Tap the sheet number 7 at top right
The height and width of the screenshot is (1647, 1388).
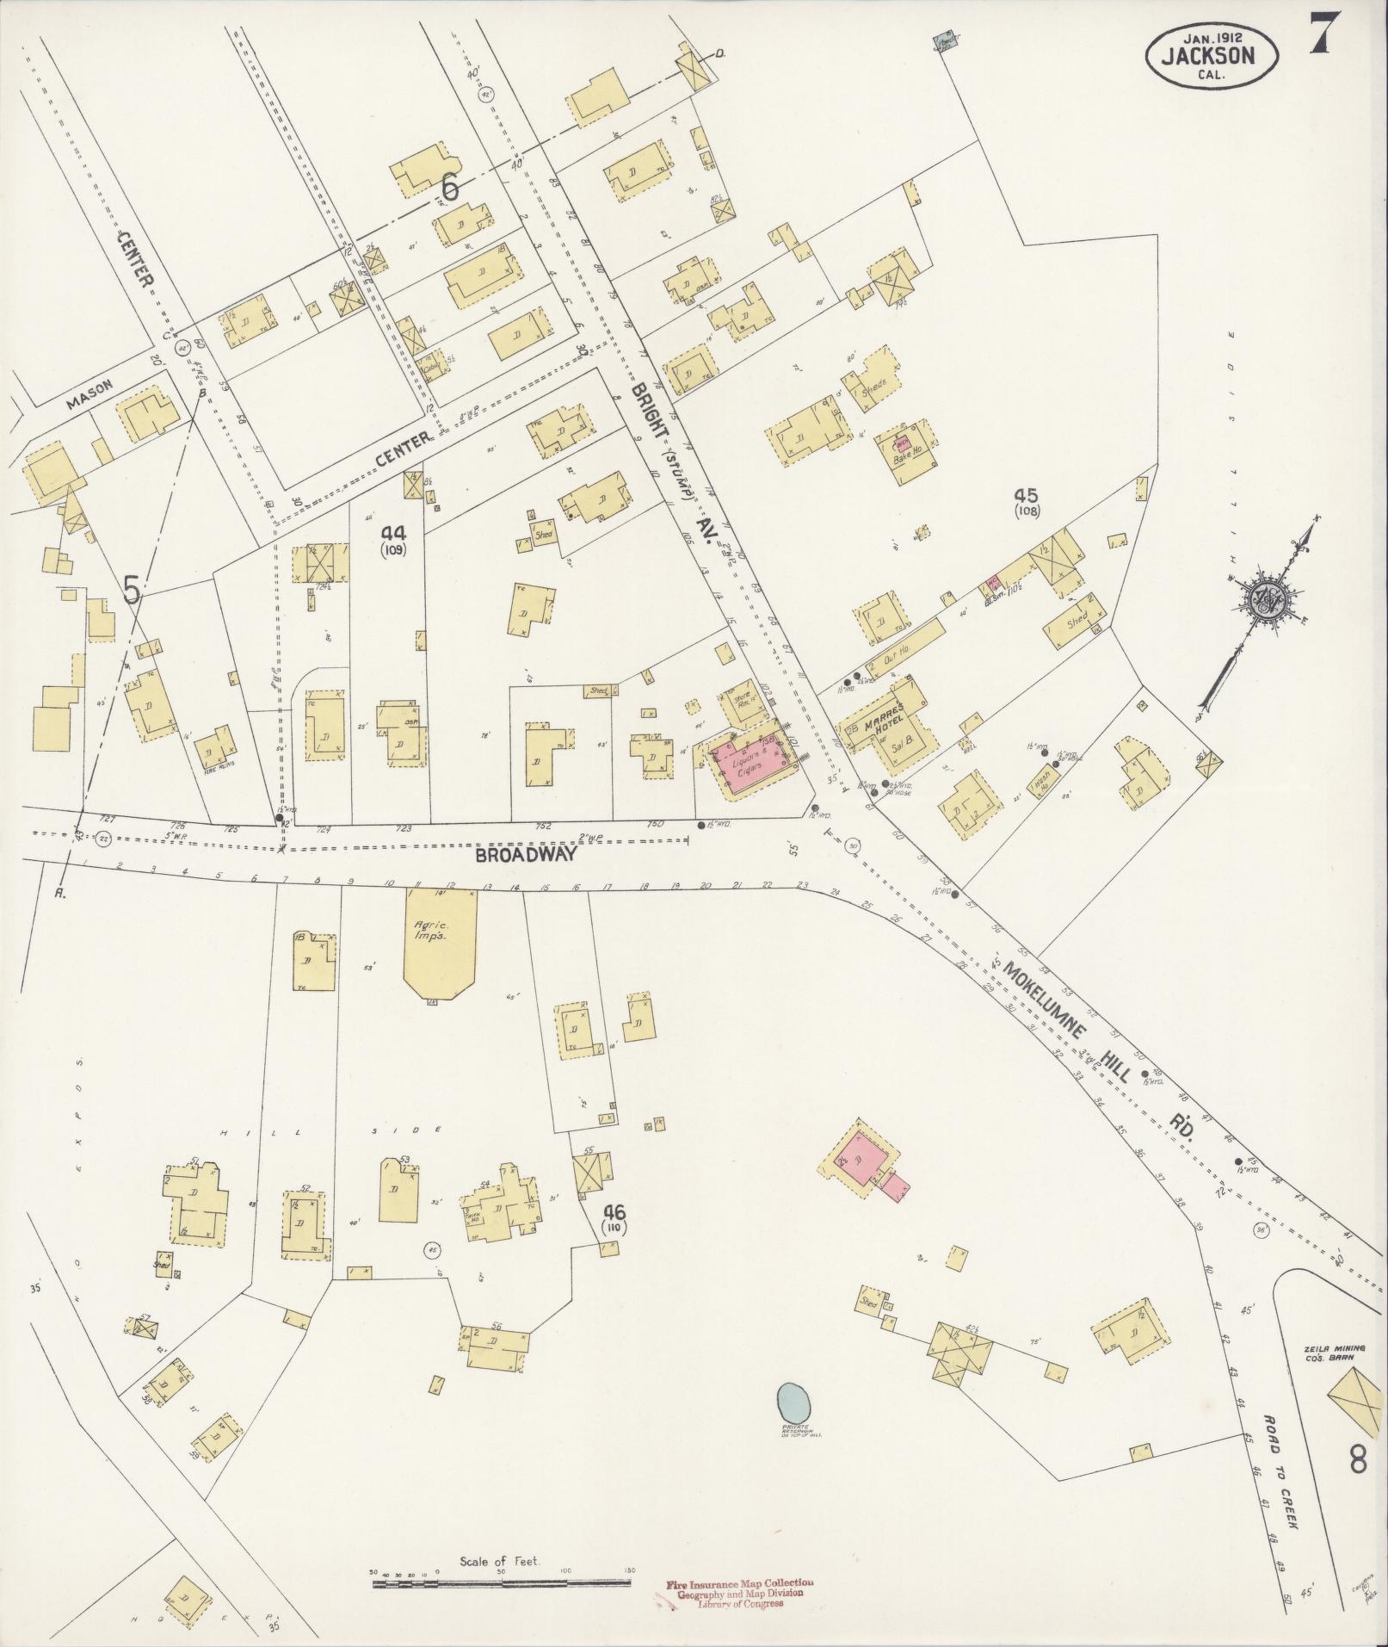pyautogui.click(x=1324, y=35)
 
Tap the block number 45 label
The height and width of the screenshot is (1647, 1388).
pyautogui.click(x=1026, y=497)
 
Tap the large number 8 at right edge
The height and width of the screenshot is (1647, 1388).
pyautogui.click(x=1358, y=1461)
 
